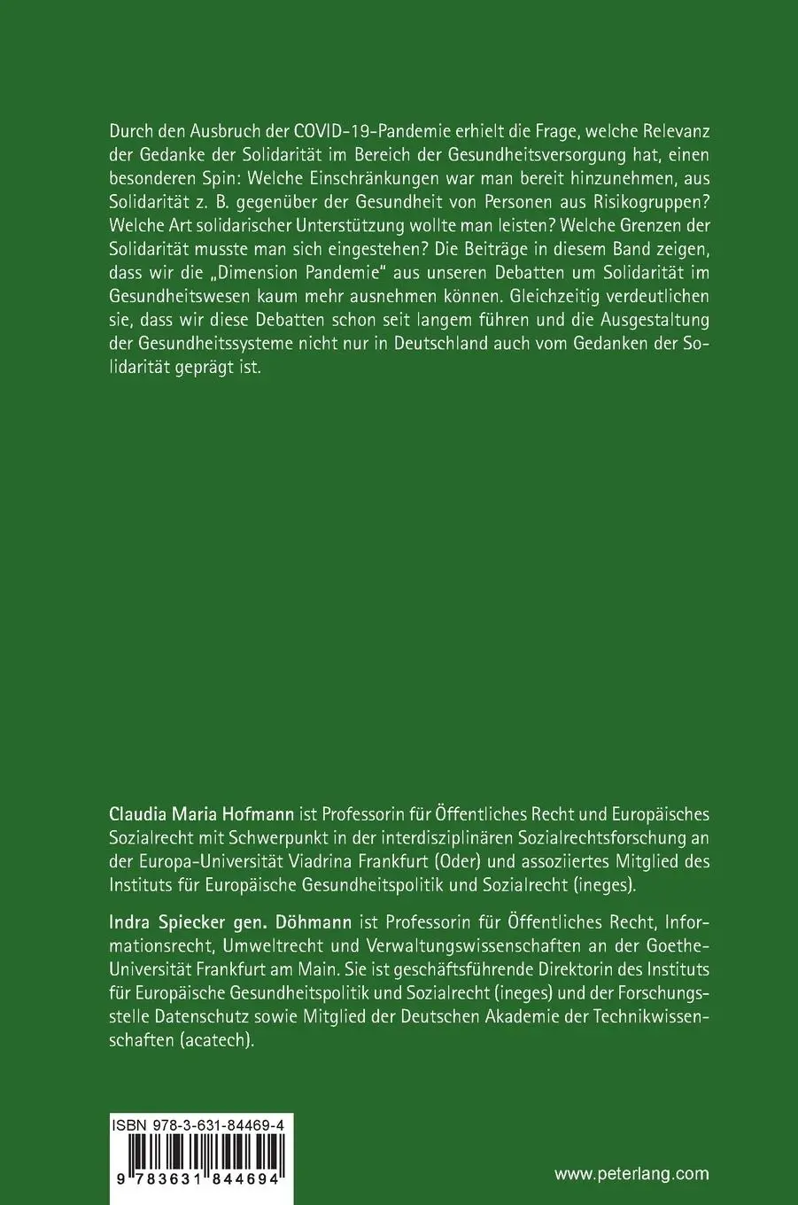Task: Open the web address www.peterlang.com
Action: (631, 1174)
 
